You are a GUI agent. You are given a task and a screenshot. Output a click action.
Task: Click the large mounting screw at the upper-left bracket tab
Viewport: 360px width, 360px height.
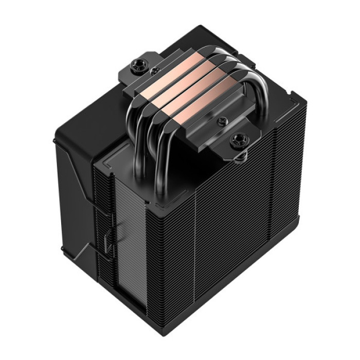click(x=138, y=65)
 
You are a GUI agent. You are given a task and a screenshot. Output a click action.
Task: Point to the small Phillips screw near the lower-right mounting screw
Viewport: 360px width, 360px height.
click(x=222, y=121)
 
